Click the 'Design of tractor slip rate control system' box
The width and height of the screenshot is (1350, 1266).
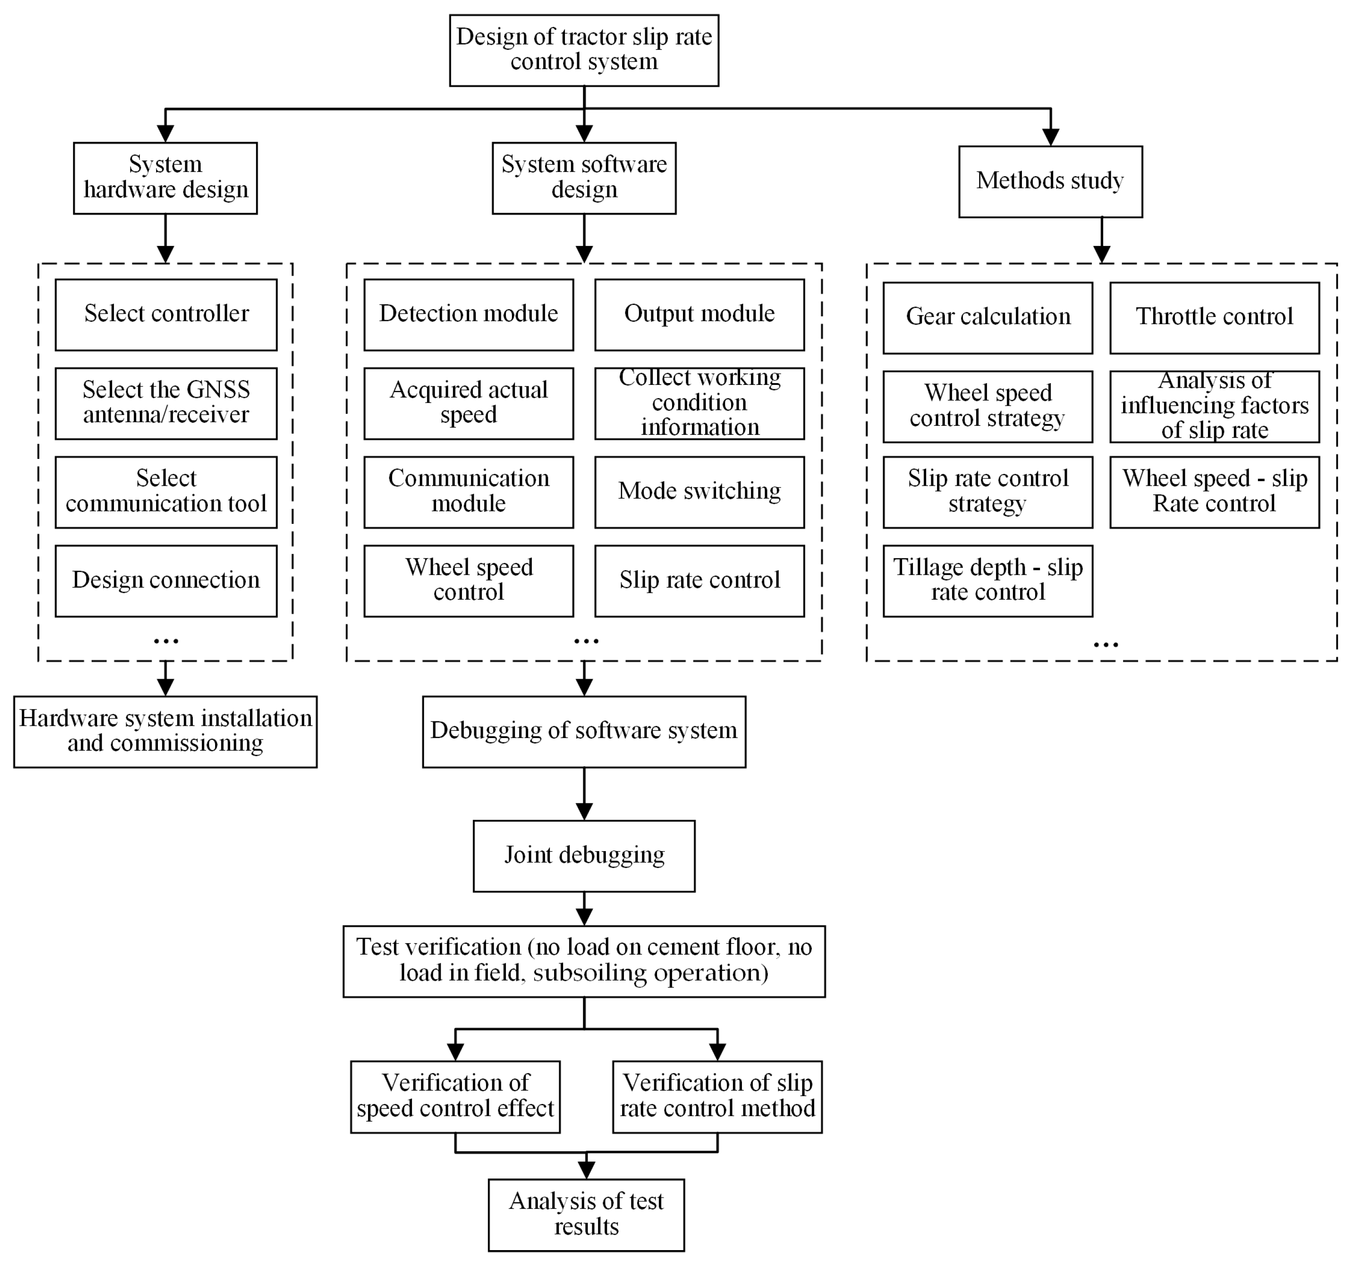(584, 50)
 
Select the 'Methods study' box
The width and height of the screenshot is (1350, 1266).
(1050, 181)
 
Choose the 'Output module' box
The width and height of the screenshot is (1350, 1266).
(699, 315)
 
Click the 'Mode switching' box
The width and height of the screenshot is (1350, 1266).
(699, 492)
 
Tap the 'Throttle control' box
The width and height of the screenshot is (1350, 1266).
(1214, 317)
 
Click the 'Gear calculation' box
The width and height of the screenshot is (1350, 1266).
(987, 317)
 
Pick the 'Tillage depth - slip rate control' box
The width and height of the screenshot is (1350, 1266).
(987, 581)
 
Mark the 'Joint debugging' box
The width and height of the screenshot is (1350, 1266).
(584, 856)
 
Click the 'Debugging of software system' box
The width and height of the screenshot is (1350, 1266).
(584, 731)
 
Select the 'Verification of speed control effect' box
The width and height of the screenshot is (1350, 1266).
(455, 1096)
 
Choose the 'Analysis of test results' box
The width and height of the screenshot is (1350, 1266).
(586, 1214)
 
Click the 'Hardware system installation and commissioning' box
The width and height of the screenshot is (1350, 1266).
(165, 731)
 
